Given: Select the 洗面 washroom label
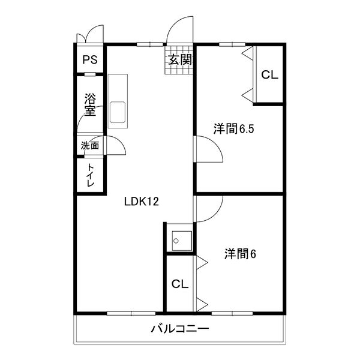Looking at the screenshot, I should (x=90, y=145).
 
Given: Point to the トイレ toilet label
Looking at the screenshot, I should (x=90, y=175).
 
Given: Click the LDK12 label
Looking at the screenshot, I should (x=141, y=202).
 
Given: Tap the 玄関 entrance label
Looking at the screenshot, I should (x=179, y=59).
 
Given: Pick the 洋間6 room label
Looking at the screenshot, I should (x=240, y=254).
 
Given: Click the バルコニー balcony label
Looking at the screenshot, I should (x=179, y=329).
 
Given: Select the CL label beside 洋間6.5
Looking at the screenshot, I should (x=269, y=75).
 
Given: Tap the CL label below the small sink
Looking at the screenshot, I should (x=179, y=284).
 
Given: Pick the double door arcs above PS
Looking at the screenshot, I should (x=90, y=34).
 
